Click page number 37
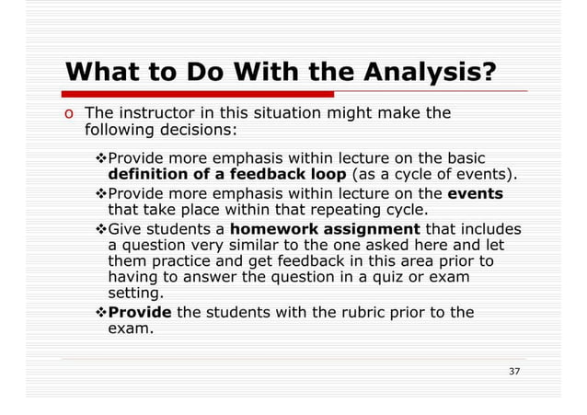click(x=514, y=371)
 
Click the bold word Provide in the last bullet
click(x=140, y=312)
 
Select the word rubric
click(x=349, y=312)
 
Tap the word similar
click(x=239, y=246)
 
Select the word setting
click(x=135, y=293)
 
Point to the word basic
click(x=466, y=157)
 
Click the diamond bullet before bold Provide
click(x=101, y=312)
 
